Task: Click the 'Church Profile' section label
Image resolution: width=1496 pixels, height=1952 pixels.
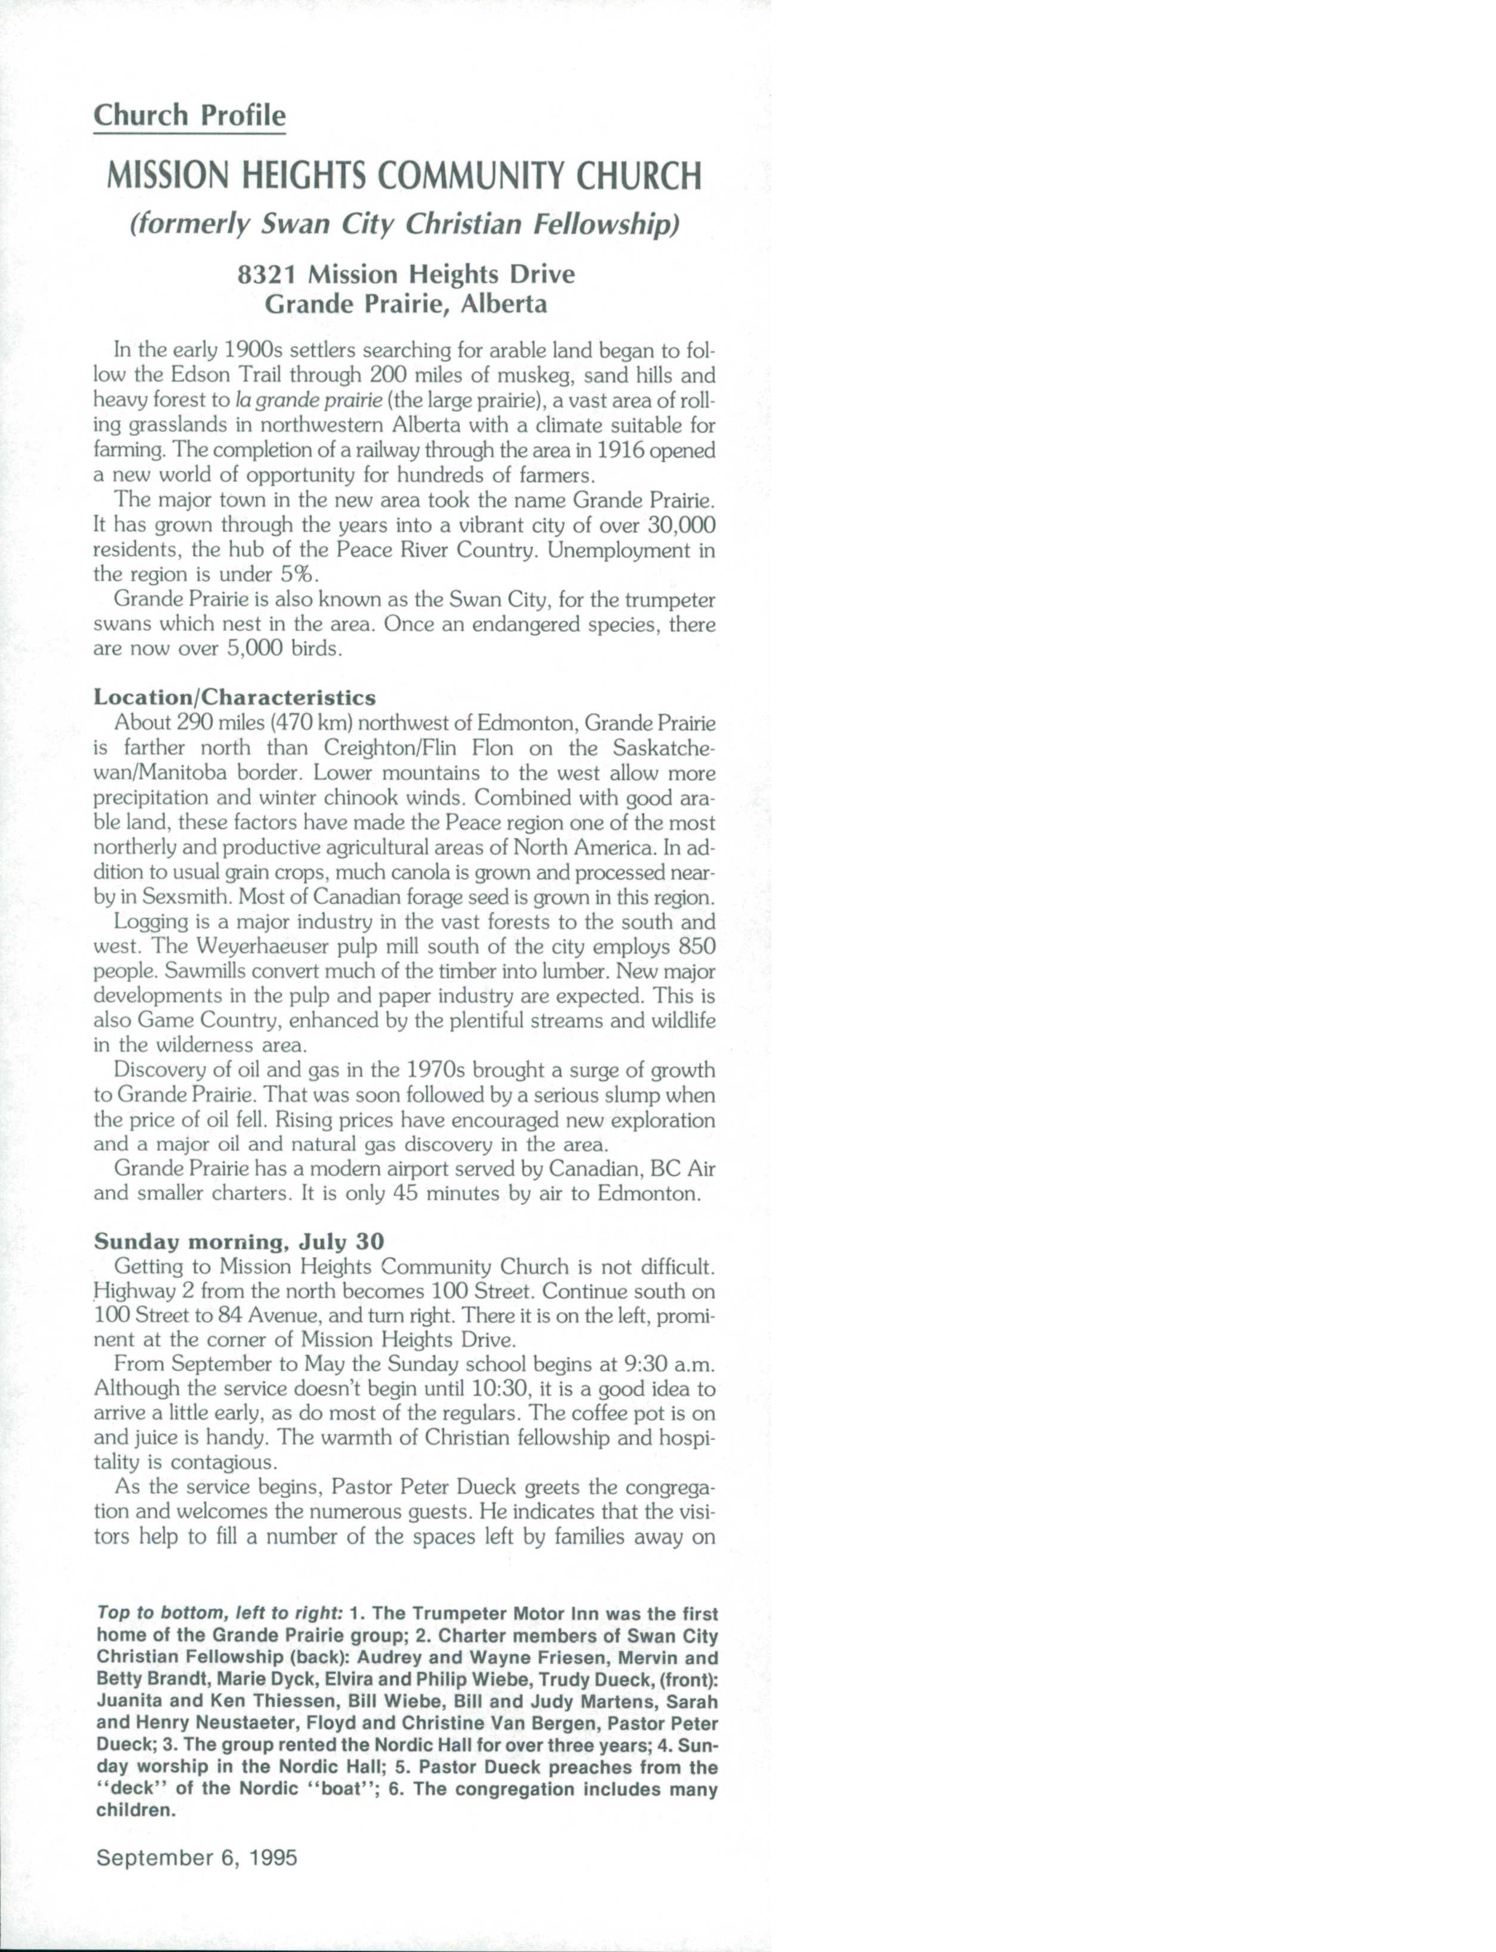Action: (190, 116)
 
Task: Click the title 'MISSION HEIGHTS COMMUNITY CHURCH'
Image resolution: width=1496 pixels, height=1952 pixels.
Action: (404, 176)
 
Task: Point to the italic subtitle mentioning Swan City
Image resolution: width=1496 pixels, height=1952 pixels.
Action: (405, 224)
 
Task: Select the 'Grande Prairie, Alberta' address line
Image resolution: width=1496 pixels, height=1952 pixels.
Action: (406, 303)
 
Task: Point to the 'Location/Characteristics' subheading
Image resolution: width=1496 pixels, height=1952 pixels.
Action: (235, 697)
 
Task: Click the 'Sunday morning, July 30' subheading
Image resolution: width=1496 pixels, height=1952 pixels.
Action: (238, 1241)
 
